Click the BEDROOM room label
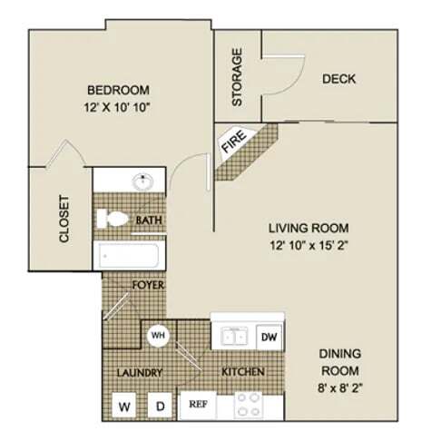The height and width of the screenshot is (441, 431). (118, 90)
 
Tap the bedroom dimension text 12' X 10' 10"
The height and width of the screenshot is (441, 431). (118, 106)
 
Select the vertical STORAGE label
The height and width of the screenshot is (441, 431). (238, 77)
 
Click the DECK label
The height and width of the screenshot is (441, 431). (338, 79)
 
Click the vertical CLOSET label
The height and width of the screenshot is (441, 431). (64, 219)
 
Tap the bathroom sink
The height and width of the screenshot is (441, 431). (142, 181)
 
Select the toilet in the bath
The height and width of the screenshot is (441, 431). (113, 219)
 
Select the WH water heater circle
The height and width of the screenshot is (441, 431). (158, 335)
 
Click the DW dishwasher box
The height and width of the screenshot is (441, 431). (269, 337)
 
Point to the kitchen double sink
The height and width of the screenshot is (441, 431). (231, 337)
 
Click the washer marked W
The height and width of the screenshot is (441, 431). (122, 406)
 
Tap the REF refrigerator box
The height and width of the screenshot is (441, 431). (195, 405)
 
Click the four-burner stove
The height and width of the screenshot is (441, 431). (249, 405)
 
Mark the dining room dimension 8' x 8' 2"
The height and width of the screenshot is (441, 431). (339, 387)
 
